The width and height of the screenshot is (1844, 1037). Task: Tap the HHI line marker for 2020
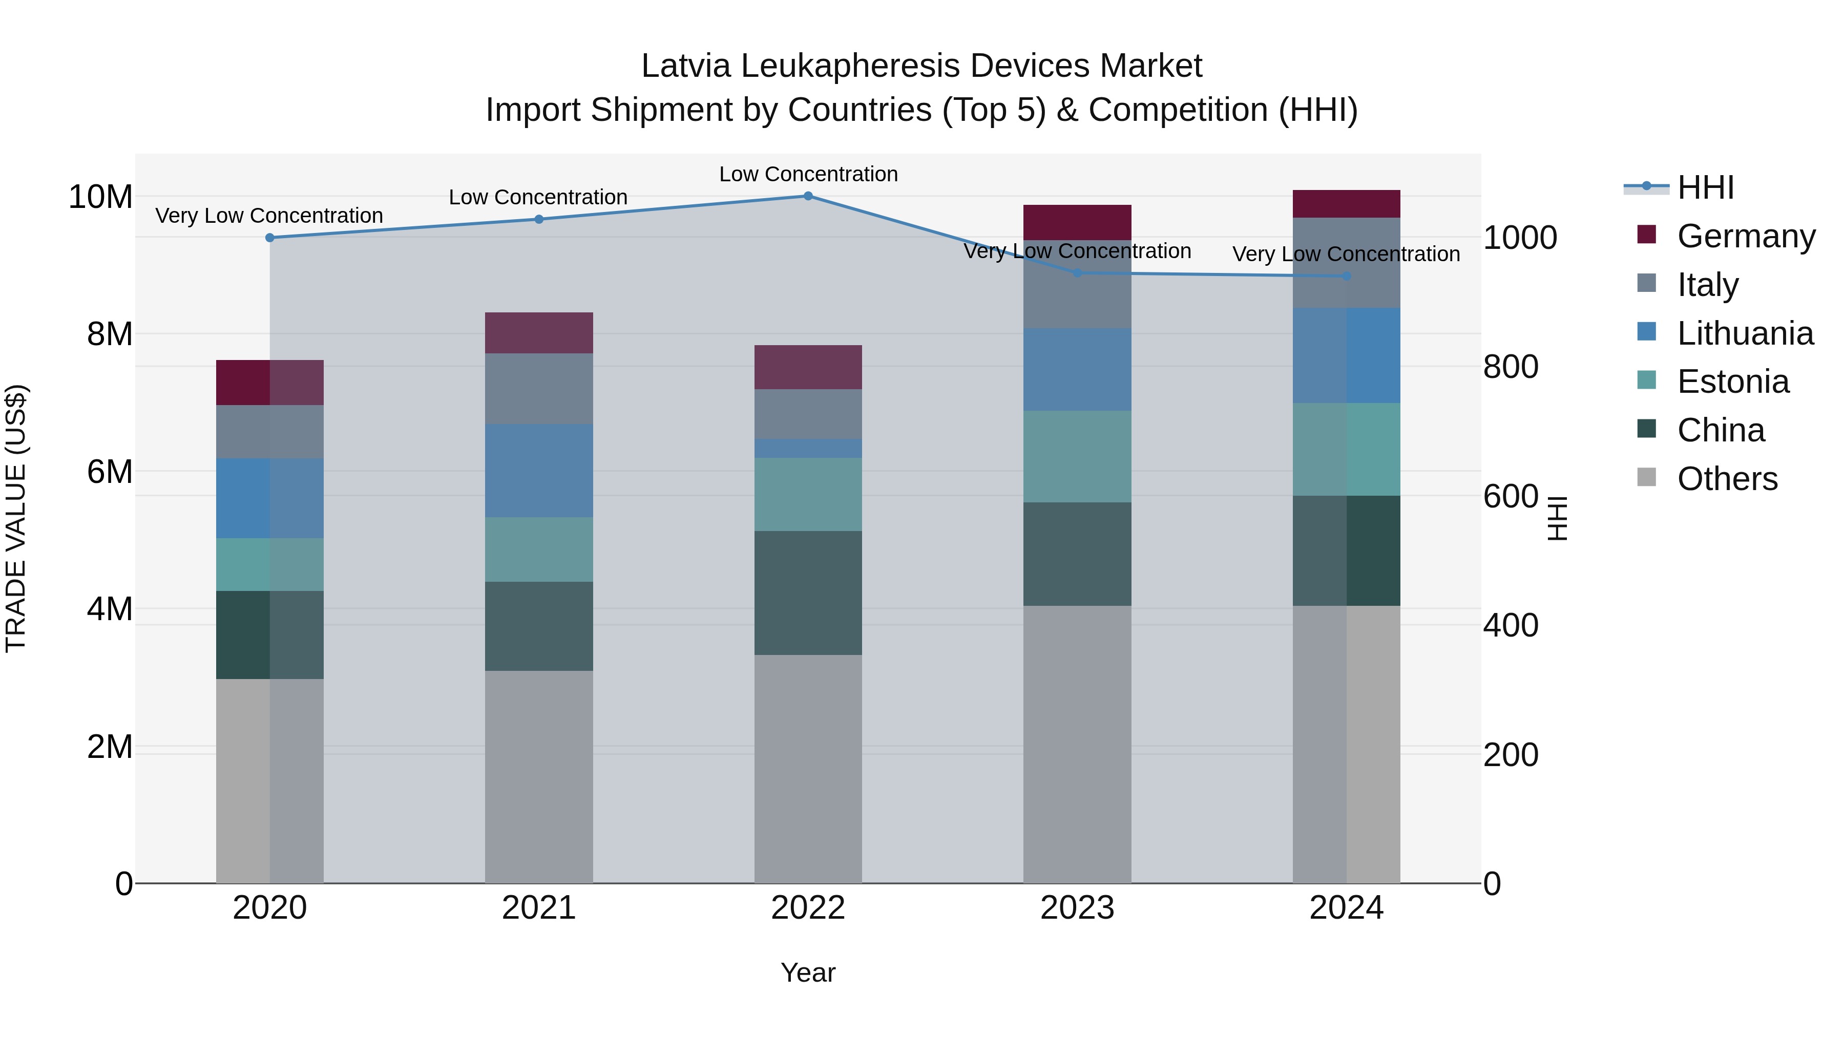pyautogui.click(x=270, y=238)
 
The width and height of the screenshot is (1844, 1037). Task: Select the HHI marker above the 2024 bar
pyautogui.click(x=1347, y=276)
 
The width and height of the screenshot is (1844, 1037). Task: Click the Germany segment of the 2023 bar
pyautogui.click(x=1077, y=223)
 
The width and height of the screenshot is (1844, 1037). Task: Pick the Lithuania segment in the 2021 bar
pyautogui.click(x=538, y=470)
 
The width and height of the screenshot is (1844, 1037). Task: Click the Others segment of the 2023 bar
pyautogui.click(x=1077, y=744)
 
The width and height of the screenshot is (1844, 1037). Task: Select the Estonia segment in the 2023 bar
pyautogui.click(x=1077, y=457)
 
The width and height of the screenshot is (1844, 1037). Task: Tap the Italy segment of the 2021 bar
pyautogui.click(x=538, y=389)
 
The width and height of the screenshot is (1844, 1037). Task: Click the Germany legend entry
pyautogui.click(x=1745, y=236)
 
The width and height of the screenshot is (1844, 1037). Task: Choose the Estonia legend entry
pyautogui.click(x=1732, y=382)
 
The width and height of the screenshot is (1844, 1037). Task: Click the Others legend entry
pyautogui.click(x=1727, y=479)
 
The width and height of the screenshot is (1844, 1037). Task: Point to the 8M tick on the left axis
pyautogui.click(x=110, y=334)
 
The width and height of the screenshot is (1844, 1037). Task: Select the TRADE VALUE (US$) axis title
pyautogui.click(x=16, y=518)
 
